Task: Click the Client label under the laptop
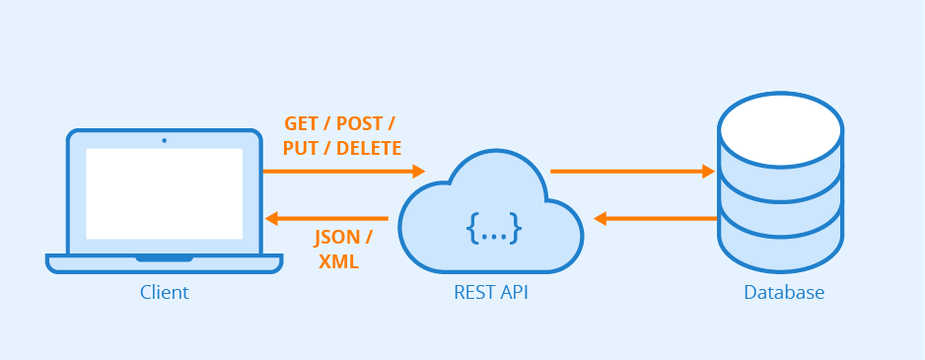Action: pyautogui.click(x=164, y=293)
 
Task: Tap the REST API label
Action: pyautogui.click(x=491, y=293)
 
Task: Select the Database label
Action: pyautogui.click(x=783, y=293)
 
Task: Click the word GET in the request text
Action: pyautogui.click(x=303, y=124)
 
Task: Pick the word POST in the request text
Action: pyautogui.click(x=361, y=124)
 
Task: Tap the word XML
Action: pyautogui.click(x=338, y=262)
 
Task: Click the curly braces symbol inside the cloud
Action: pyautogui.click(x=493, y=229)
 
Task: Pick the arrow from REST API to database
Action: pyautogui.click(x=631, y=172)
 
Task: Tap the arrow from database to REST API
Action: pyautogui.click(x=655, y=218)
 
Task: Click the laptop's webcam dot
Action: pyautogui.click(x=164, y=140)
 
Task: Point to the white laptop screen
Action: pyautogui.click(x=164, y=193)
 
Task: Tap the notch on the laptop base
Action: pyautogui.click(x=164, y=258)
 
